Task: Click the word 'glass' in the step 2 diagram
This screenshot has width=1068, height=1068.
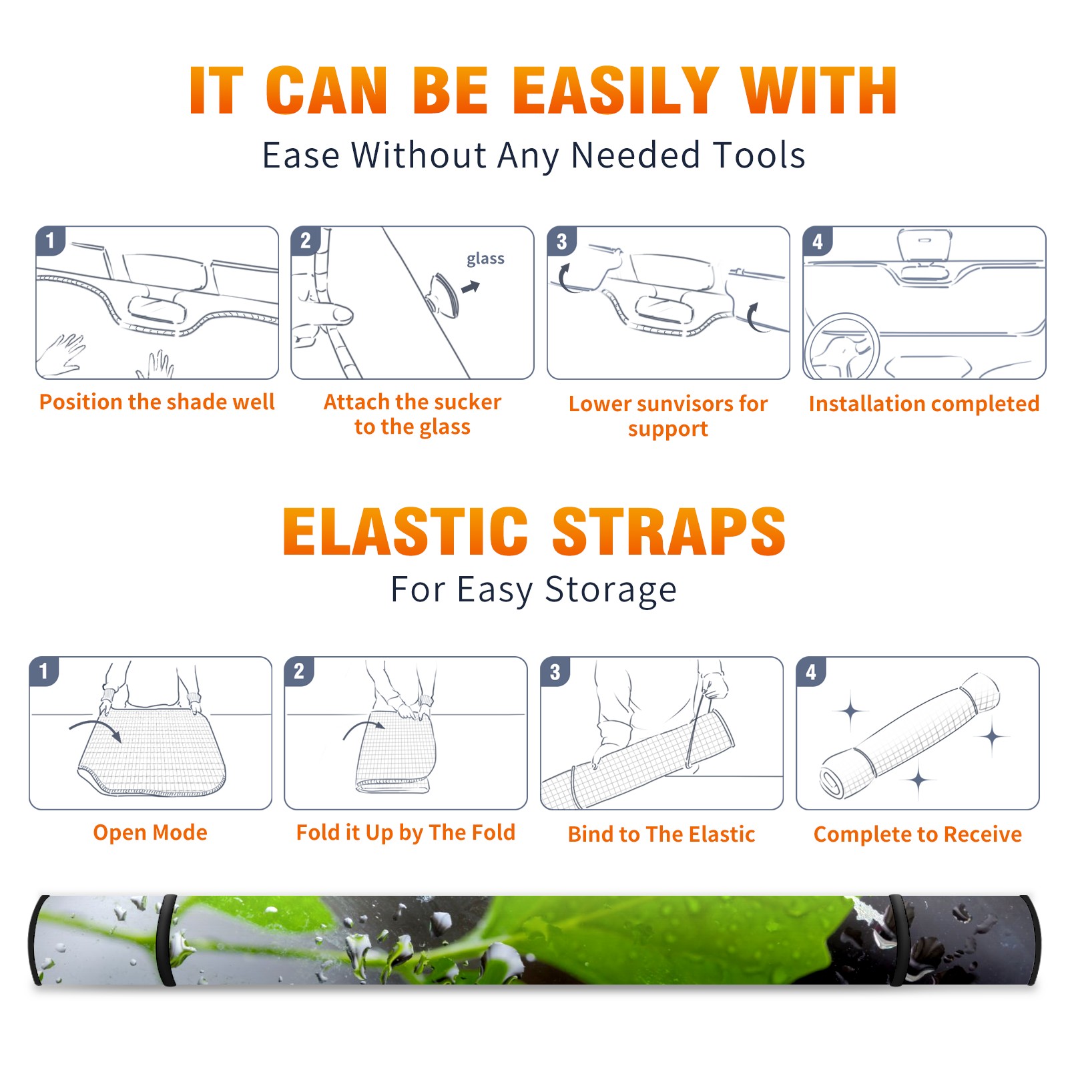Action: [x=485, y=259]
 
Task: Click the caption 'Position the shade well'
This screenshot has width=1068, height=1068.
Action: [x=157, y=402]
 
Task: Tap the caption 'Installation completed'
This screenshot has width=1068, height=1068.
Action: [x=924, y=404]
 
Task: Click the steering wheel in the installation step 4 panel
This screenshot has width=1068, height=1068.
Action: [x=842, y=347]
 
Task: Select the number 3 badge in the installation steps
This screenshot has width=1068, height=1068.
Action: [x=561, y=241]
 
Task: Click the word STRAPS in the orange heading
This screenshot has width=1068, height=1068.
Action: [x=669, y=532]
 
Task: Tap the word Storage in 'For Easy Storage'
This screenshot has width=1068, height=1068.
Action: [x=611, y=590]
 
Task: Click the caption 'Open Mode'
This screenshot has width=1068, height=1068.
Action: [x=150, y=832]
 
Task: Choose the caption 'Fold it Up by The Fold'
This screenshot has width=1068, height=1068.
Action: [x=406, y=833]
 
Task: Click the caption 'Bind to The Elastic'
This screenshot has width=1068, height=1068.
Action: [x=661, y=834]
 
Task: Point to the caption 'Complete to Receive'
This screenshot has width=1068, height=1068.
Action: [x=918, y=834]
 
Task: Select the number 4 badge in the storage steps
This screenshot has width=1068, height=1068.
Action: [x=811, y=672]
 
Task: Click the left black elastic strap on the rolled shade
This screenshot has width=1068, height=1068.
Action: [x=167, y=940]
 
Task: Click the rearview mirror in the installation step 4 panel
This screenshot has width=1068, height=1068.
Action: [x=924, y=244]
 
